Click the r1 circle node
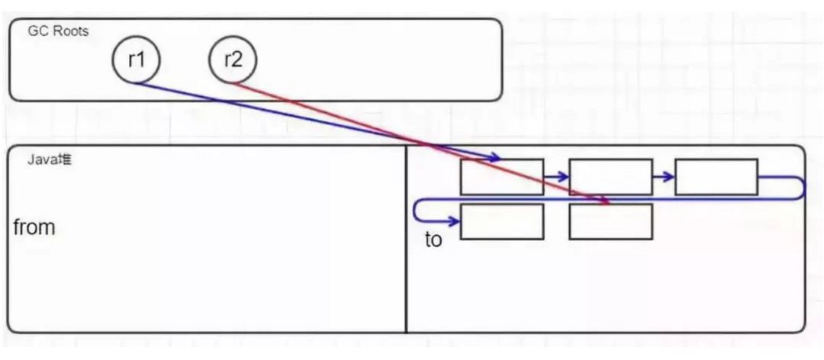(x=136, y=59)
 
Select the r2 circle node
(x=233, y=59)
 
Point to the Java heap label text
(x=50, y=160)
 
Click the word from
(x=34, y=227)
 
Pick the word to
(x=433, y=240)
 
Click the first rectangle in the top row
(x=501, y=176)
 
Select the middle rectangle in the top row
(x=610, y=176)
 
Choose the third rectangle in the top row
(x=716, y=176)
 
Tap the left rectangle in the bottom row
(x=501, y=221)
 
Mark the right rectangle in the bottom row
(x=610, y=221)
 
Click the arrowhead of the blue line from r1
(x=495, y=158)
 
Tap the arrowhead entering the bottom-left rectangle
(x=455, y=221)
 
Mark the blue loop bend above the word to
(x=416, y=211)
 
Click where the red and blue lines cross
(x=433, y=144)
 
